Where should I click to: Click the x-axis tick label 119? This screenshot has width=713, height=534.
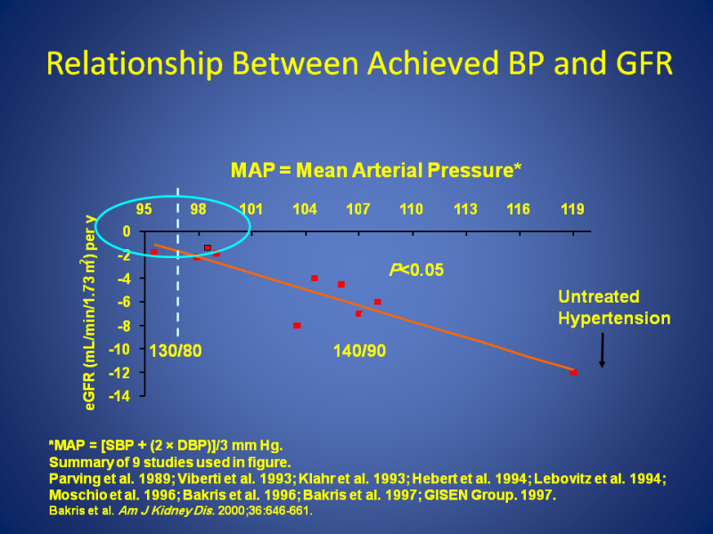pyautogui.click(x=572, y=210)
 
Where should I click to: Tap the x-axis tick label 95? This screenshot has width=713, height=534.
pyautogui.click(x=143, y=210)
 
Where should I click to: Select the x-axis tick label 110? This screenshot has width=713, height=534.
pyautogui.click(x=411, y=210)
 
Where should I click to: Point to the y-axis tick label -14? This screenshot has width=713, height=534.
pyautogui.click(x=119, y=395)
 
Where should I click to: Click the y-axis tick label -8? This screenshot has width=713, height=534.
pyautogui.click(x=123, y=325)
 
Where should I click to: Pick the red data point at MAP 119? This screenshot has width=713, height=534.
pyautogui.click(x=574, y=372)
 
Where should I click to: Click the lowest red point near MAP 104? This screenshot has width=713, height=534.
pyautogui.click(x=297, y=326)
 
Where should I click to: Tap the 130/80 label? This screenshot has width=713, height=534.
pyautogui.click(x=176, y=351)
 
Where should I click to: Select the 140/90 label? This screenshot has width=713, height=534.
pyautogui.click(x=359, y=351)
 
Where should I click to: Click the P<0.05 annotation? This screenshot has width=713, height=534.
pyautogui.click(x=416, y=270)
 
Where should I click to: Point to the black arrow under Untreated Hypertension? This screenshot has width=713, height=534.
pyautogui.click(x=602, y=351)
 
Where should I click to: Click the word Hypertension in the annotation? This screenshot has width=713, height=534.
pyautogui.click(x=614, y=318)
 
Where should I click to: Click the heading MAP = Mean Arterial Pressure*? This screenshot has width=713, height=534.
pyautogui.click(x=375, y=170)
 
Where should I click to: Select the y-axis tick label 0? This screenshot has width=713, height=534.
pyautogui.click(x=127, y=231)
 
